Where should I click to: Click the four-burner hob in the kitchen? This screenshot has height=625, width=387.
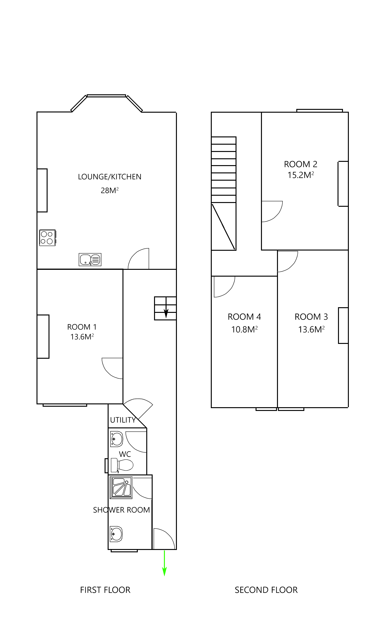tap(47, 238)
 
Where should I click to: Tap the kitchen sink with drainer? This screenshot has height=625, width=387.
tap(90, 259)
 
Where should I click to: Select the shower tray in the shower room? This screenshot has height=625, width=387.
tap(121, 487)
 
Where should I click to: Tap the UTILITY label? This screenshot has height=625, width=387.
tap(123, 420)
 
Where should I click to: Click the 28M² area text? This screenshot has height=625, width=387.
tap(110, 191)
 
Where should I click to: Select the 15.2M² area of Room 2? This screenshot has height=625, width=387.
tap(301, 175)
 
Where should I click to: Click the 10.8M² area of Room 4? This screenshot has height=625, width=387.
tap(244, 330)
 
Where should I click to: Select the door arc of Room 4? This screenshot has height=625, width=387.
tap(224, 286)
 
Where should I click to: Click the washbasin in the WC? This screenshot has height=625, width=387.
tap(116, 439)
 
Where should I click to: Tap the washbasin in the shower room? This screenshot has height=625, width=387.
tap(116, 534)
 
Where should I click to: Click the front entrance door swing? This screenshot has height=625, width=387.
tap(164, 538)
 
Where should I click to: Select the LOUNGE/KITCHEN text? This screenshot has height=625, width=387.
tap(110, 177)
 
